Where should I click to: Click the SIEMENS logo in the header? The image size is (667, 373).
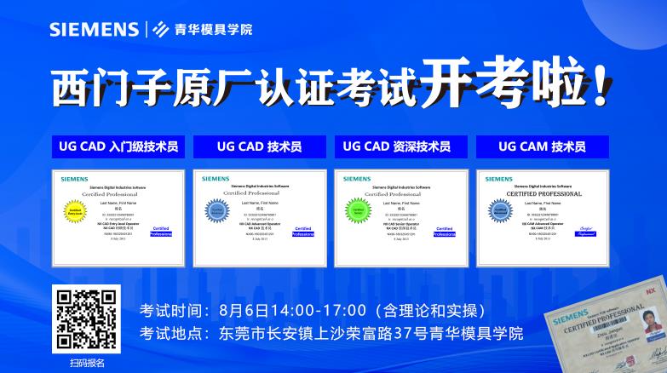(x=94, y=30)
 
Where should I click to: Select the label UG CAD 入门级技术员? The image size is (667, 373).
(x=118, y=146)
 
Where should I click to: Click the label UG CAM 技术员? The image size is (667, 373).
(x=542, y=146)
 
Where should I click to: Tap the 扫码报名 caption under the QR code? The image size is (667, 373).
(x=86, y=362)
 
